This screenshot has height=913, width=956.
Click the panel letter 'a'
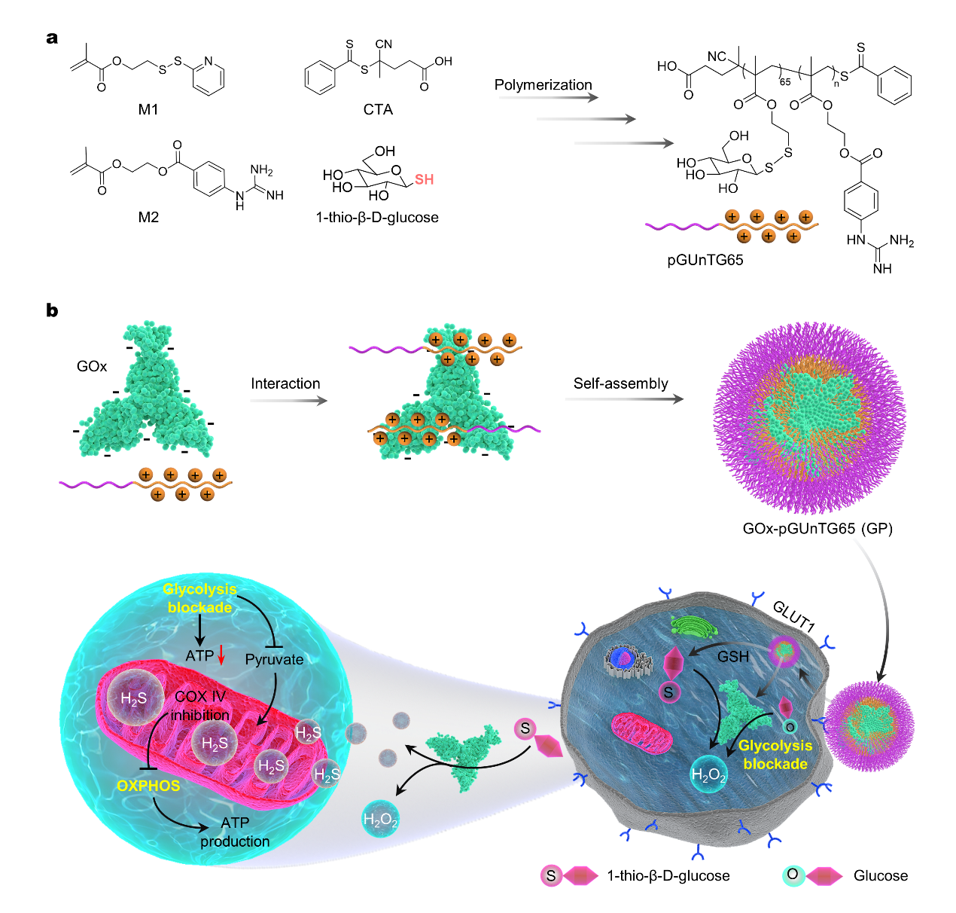tap(52, 38)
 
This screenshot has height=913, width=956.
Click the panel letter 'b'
tap(52, 310)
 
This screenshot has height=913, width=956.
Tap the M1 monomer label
tap(148, 110)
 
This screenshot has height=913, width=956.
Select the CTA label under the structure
tap(378, 110)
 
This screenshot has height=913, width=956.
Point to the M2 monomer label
tap(148, 218)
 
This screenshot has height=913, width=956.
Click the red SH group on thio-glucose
tap(424, 179)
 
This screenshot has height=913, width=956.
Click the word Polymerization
tap(543, 85)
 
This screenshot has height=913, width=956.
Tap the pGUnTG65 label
tap(705, 261)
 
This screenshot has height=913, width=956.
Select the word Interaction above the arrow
tap(285, 383)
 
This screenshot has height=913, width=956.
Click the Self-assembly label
tap(620, 383)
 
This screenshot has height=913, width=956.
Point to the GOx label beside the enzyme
tap(92, 367)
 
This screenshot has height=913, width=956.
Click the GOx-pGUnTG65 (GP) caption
tap(817, 529)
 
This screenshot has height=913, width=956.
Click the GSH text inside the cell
tap(732, 657)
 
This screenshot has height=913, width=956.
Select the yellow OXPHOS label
tap(148, 786)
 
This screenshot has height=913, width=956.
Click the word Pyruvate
tap(274, 659)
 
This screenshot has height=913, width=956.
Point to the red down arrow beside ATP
tap(221, 656)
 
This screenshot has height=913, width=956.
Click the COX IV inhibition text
tap(200, 706)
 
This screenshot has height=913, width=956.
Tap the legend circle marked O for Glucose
tap(793, 875)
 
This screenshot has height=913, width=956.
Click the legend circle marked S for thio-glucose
tap(551, 876)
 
